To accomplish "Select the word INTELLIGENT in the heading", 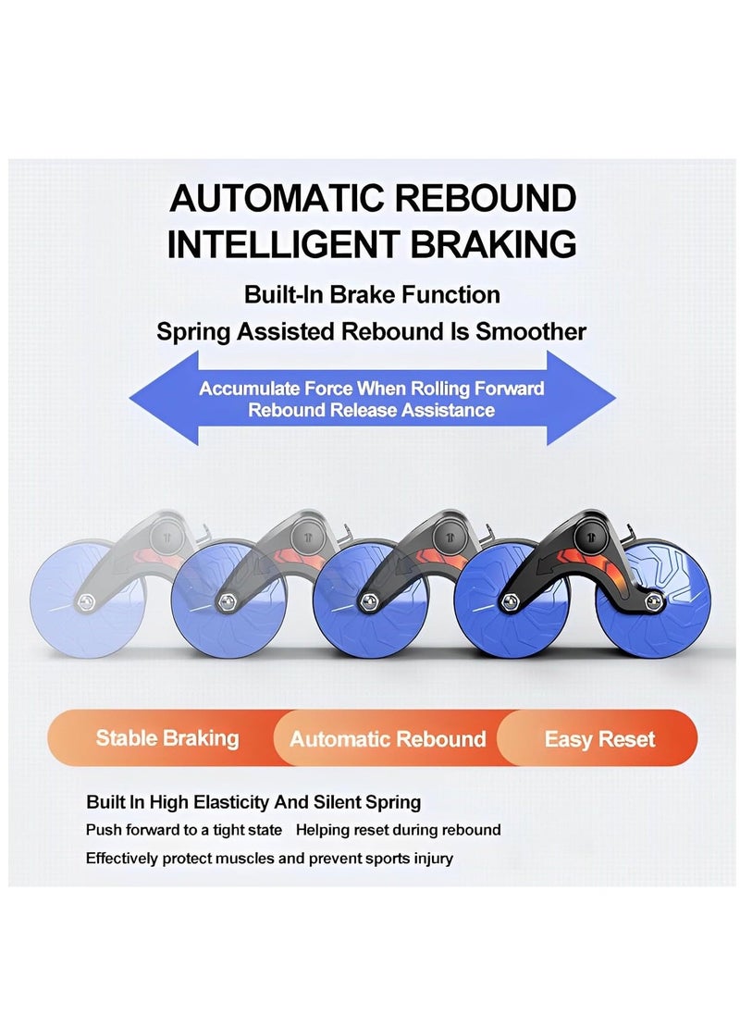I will tap(272, 245).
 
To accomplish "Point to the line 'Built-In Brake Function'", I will tap(372, 295).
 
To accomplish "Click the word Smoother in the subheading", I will tap(531, 331).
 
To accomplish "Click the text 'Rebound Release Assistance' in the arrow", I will tap(371, 410).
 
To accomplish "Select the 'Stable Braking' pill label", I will tap(167, 738).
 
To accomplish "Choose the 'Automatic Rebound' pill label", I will tap(388, 739).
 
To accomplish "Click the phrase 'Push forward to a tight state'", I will tap(184, 830).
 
